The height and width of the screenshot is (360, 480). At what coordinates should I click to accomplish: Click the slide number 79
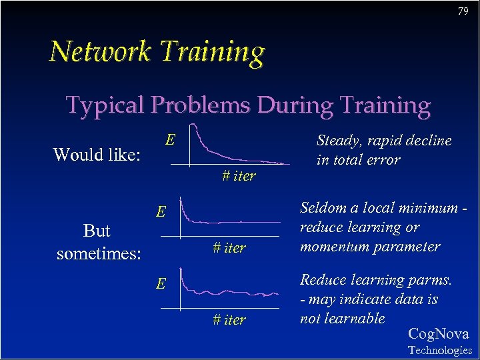463,11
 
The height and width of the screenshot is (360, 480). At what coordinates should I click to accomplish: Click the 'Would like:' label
97,155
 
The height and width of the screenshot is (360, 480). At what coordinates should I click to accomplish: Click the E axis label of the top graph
171,139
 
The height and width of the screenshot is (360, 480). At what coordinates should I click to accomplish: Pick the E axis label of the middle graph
161,212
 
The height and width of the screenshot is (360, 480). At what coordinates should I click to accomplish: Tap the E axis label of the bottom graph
161,284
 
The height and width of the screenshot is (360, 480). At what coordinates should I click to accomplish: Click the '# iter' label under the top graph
239,177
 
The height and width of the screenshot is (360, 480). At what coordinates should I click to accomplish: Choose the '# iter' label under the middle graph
229,248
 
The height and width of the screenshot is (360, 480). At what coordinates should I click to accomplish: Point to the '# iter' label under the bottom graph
229,320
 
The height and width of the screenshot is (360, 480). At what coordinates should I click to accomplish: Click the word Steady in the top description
337,141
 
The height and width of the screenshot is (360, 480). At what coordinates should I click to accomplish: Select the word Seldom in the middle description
323,207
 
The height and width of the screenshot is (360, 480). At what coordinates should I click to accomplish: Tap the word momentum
331,246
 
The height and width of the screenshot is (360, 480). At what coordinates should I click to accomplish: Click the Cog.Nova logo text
438,333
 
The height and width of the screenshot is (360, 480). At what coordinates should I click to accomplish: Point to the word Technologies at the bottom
439,350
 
